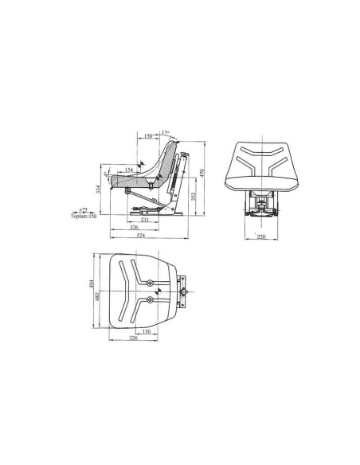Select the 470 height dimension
(202, 173)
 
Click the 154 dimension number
(127, 170)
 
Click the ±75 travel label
(83, 210)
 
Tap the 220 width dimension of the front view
(261, 236)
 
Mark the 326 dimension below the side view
(137, 227)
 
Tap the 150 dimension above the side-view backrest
(149, 136)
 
